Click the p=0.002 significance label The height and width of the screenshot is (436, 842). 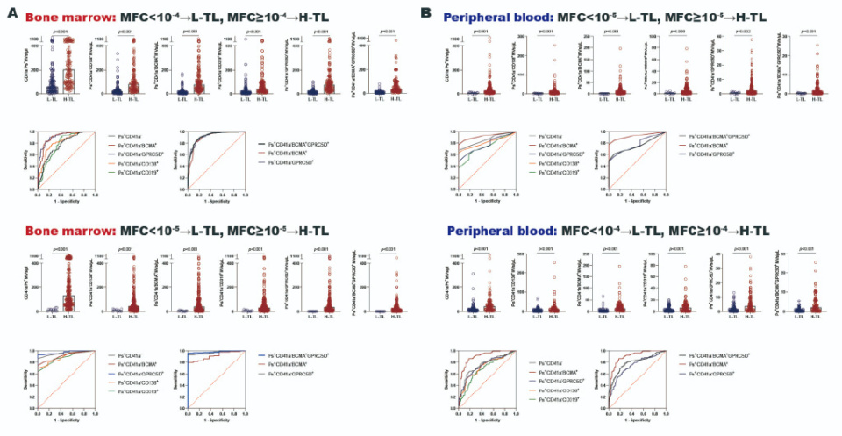742,32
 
